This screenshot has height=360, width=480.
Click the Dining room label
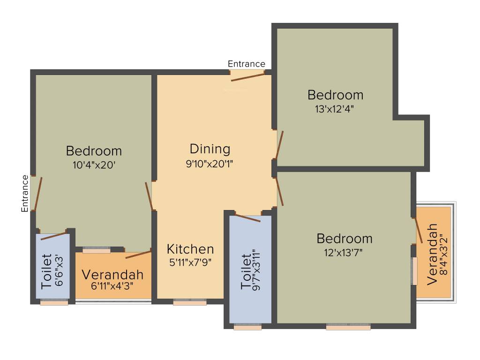click(x=210, y=149)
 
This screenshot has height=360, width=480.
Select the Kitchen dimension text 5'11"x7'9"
click(x=190, y=262)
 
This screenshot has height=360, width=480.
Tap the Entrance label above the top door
click(x=246, y=64)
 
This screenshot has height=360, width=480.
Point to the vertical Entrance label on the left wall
click(x=25, y=193)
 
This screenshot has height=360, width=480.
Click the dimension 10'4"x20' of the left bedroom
click(x=94, y=165)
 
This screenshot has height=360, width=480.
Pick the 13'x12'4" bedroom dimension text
click(x=335, y=109)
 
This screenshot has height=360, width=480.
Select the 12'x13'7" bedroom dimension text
click(x=344, y=252)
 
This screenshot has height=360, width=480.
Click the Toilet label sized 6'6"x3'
click(x=46, y=271)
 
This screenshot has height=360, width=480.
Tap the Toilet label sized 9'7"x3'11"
click(x=246, y=272)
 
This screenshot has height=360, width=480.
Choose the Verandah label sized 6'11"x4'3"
click(x=112, y=275)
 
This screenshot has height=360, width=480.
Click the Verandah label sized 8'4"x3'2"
click(x=432, y=253)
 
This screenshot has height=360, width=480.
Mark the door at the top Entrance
click(x=247, y=77)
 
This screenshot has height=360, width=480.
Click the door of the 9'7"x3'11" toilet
click(x=247, y=218)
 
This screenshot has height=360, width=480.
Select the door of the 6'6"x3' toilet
click(x=53, y=236)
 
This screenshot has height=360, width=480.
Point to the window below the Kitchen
click(x=189, y=303)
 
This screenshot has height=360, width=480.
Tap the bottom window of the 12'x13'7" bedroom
click(x=348, y=327)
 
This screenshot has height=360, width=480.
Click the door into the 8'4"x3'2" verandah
click(x=418, y=230)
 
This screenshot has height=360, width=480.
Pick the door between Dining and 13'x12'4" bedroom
click(x=279, y=145)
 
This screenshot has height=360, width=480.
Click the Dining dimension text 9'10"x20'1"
click(x=210, y=164)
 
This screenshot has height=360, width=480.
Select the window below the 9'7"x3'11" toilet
click(x=247, y=327)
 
